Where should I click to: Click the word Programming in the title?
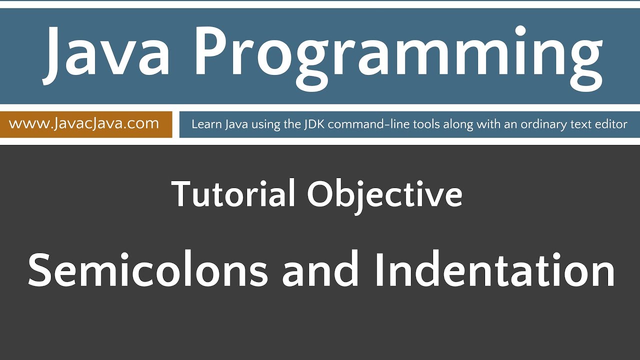[x=400, y=55]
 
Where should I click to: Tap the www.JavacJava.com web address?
[x=84, y=123]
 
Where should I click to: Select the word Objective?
[x=384, y=195]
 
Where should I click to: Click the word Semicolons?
[x=148, y=270]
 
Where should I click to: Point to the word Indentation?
[x=495, y=270]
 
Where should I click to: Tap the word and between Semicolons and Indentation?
[x=320, y=270]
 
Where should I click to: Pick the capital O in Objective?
[x=320, y=194]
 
